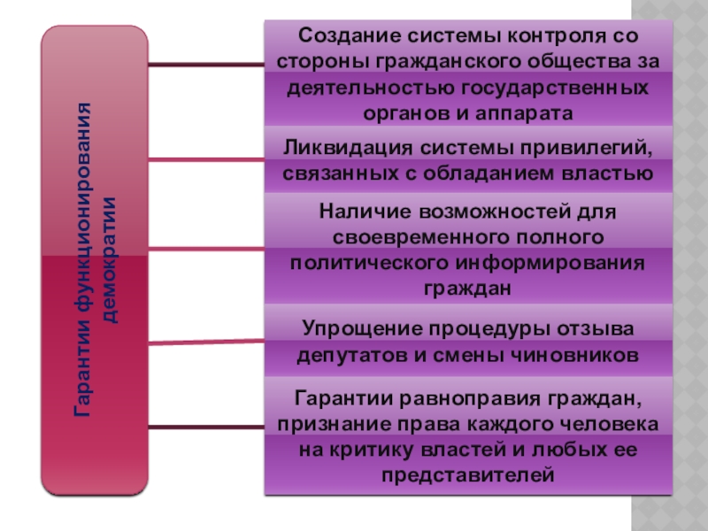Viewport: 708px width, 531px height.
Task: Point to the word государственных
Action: point(555,88)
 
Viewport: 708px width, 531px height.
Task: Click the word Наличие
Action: point(365,212)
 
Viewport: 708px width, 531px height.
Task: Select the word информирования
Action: point(550,263)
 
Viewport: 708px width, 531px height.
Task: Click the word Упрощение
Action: point(362,328)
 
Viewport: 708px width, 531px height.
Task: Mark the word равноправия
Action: point(470,399)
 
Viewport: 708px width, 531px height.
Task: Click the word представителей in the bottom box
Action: point(468,475)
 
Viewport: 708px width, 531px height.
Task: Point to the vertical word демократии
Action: point(110,260)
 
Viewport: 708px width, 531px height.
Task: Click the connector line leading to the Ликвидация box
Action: point(206,159)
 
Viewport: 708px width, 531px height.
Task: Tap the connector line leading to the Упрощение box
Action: point(206,342)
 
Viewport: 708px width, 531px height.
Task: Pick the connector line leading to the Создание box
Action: point(206,65)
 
